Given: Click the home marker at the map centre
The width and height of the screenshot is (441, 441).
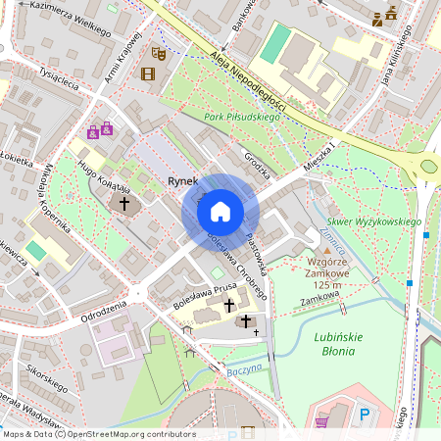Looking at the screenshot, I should click(x=220, y=211).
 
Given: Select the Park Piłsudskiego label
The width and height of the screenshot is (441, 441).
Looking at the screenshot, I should click(x=242, y=118).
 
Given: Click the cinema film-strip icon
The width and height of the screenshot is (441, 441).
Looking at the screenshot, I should click(x=147, y=74).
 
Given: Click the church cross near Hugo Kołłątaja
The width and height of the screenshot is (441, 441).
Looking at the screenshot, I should click(x=123, y=204).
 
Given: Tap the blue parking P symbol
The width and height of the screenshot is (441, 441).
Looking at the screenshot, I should click(x=366, y=416).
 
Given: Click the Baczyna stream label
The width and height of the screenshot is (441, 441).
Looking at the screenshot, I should click(x=244, y=370).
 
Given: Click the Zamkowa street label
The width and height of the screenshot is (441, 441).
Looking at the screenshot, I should click(x=319, y=294).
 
